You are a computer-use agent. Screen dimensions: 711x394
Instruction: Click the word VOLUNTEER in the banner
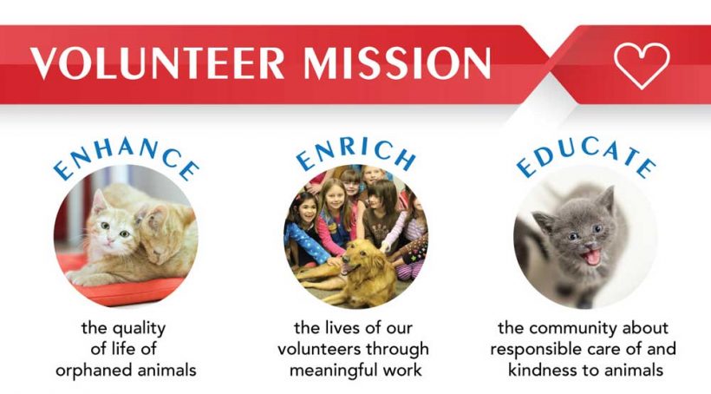[x=157, y=62]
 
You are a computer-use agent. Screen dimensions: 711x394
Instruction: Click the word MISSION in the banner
[x=398, y=62]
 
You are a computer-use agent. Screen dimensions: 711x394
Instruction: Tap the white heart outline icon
[x=642, y=64]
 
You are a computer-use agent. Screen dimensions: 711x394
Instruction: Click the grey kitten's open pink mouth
[x=591, y=257]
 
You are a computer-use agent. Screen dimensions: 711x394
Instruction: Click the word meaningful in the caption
[x=333, y=371]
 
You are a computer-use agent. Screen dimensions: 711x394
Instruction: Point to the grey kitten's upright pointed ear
[x=605, y=199]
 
